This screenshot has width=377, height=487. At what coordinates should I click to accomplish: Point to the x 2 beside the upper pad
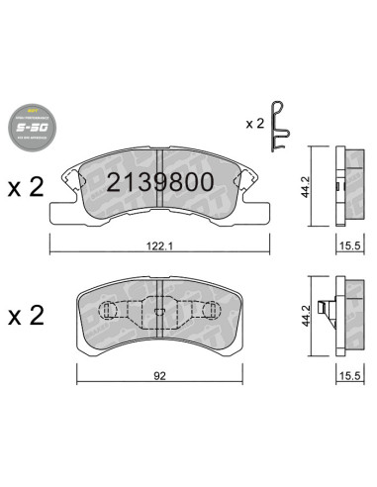24,188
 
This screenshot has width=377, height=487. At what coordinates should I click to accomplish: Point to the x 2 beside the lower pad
24,318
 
